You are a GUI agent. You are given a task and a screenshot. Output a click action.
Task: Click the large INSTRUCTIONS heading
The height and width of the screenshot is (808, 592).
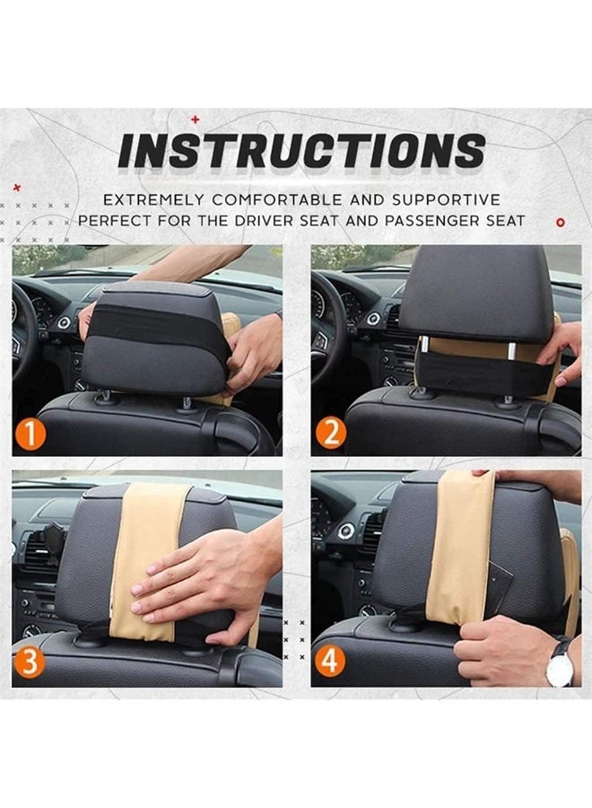(301, 152)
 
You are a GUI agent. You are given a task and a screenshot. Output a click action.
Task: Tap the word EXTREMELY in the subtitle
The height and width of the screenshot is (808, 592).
(149, 199)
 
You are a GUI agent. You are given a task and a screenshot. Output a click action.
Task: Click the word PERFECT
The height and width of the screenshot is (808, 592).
(117, 220)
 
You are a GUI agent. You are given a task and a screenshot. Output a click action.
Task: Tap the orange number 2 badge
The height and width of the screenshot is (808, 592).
(331, 436)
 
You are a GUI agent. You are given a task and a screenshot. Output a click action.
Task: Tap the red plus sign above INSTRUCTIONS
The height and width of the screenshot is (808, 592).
(196, 118)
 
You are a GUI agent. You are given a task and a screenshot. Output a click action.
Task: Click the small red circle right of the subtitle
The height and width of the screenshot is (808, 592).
(560, 220)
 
